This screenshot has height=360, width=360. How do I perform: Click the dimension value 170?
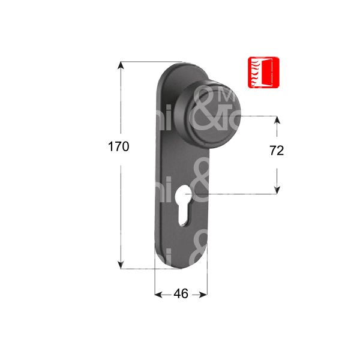118,146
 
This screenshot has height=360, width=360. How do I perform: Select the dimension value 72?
276,151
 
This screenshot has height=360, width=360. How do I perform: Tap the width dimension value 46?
181,294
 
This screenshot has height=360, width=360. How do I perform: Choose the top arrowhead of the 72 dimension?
277,120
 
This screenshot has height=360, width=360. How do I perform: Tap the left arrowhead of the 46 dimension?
158,295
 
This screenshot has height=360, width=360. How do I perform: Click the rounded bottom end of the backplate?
180,264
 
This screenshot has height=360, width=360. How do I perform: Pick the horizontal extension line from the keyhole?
240,194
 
